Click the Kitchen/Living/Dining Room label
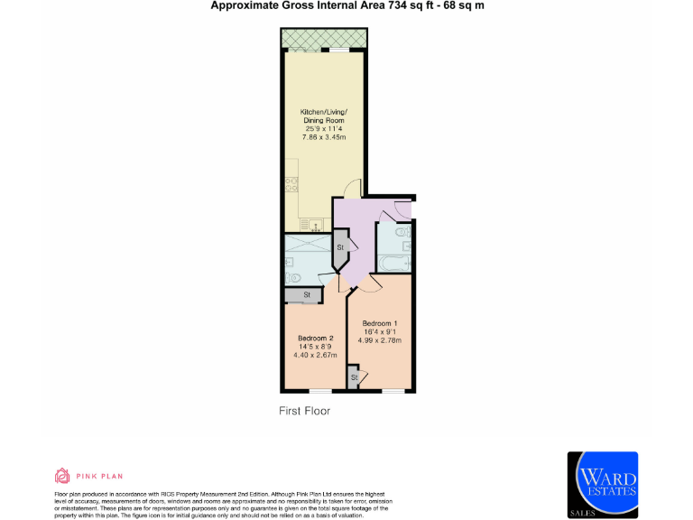click(x=324, y=116)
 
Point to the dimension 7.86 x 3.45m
click(x=324, y=137)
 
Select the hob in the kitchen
click(x=291, y=184)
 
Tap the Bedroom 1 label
click(x=380, y=323)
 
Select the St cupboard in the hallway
click(x=340, y=247)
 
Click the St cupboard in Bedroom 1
click(x=354, y=376)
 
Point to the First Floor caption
click(x=304, y=411)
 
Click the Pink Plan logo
click(x=88, y=476)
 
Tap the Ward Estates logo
click(x=602, y=484)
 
